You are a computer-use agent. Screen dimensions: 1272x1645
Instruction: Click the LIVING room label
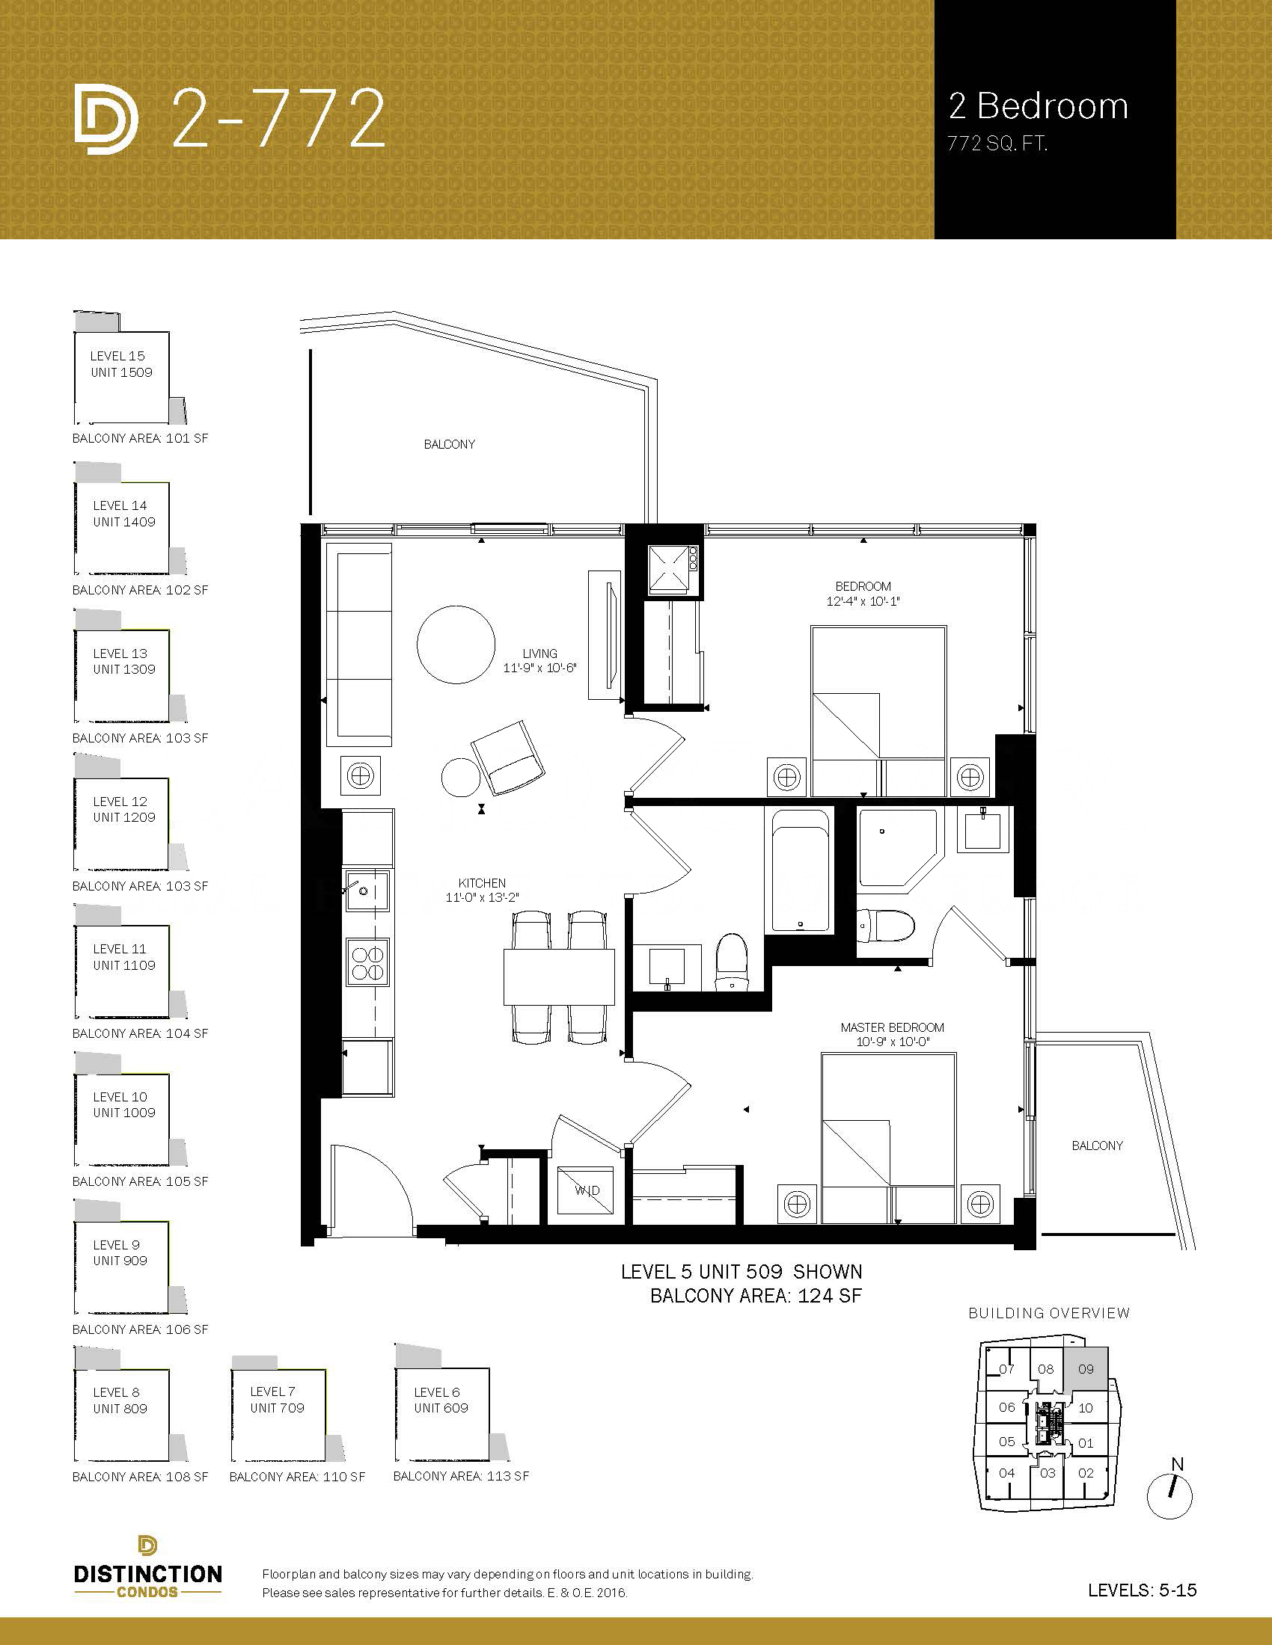(x=539, y=654)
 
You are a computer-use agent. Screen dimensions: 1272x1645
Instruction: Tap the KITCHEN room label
(x=482, y=883)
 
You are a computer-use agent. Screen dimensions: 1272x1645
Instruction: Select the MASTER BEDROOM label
(x=892, y=1027)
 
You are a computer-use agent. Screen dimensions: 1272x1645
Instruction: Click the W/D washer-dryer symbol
(x=588, y=1190)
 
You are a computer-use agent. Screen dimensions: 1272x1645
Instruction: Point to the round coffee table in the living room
(x=456, y=645)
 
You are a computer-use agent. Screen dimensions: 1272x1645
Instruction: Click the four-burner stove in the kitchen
(x=367, y=962)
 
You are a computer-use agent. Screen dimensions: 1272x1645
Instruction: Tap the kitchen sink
(x=367, y=891)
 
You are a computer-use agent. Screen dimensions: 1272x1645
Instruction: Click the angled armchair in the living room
(x=508, y=757)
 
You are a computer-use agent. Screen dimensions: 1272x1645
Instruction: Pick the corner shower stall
(x=896, y=847)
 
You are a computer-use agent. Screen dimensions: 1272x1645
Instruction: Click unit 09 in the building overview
(x=1085, y=1369)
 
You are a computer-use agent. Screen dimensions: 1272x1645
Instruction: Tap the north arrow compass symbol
(x=1170, y=1496)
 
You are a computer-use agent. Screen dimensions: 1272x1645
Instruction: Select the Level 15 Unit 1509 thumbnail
(x=122, y=368)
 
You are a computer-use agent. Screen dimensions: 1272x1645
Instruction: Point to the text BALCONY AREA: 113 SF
(x=461, y=1476)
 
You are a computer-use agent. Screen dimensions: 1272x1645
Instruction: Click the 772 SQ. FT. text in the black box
(x=997, y=143)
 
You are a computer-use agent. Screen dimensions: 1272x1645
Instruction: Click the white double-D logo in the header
(x=106, y=119)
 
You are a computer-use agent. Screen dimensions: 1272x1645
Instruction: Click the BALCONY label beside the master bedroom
(x=1097, y=1146)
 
